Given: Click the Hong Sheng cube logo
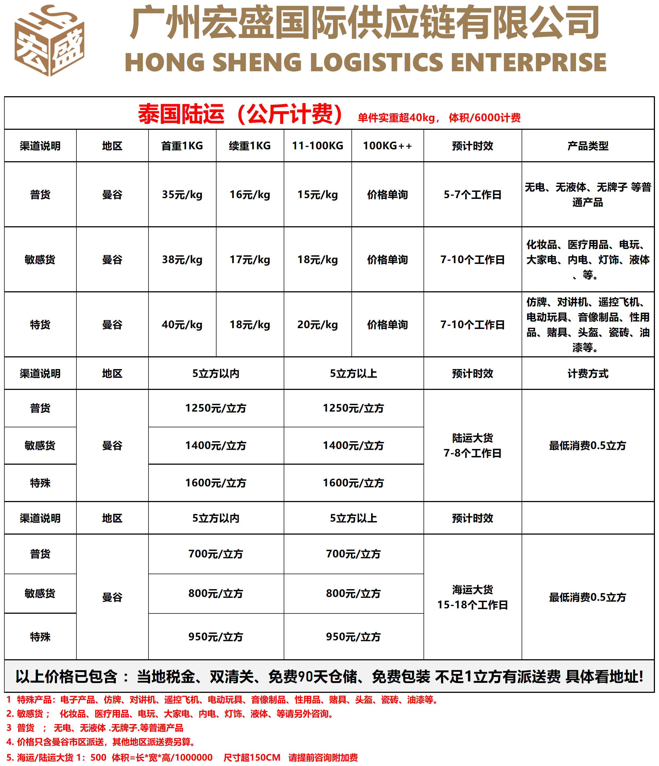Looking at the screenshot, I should pos(49,41).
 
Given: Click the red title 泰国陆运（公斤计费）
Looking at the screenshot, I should pos(240,114).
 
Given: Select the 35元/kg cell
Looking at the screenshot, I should pos(182,195).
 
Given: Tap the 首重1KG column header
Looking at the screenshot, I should pos(182,146).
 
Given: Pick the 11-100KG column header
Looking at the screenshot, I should pos(317,146).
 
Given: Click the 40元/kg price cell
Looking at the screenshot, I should pos(182,325).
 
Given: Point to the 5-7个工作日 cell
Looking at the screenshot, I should pos(472,195).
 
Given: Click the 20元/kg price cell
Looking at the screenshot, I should pos(317,325).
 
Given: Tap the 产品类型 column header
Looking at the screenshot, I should pos(588,146).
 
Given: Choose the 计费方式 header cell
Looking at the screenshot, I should pos(588,373).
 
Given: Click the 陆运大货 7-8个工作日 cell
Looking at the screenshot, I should pos(472,445).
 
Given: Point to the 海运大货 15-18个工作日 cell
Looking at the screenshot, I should pos(472,597).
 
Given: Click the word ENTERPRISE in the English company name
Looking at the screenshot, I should pos(529,62).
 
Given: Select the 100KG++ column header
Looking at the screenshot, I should pos(387,146).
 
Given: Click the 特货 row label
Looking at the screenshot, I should pos(40,325).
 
